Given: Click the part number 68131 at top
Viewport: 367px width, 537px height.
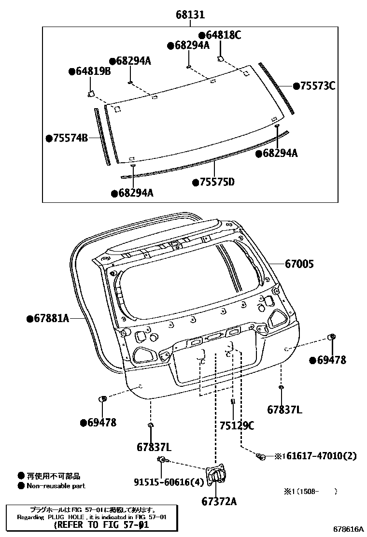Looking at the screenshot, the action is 190,15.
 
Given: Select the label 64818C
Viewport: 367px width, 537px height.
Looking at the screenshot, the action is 223,35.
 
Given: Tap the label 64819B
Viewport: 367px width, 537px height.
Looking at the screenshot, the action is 93,71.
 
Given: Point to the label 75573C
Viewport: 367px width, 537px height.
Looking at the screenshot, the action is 317,86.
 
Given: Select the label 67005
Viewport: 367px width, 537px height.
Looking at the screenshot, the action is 299,264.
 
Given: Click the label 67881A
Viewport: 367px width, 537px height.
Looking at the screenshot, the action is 51,318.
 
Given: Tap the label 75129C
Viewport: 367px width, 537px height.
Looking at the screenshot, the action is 237,425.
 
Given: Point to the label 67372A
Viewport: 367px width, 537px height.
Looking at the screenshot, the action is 219,501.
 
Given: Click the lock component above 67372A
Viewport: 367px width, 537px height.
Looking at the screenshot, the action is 216,476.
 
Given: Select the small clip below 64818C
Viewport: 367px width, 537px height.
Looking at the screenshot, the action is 220,59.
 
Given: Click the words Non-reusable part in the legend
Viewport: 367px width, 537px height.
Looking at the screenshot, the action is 56,486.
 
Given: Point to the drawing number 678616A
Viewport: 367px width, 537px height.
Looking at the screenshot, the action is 346,530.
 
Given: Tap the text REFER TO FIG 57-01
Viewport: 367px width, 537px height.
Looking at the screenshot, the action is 99,524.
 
